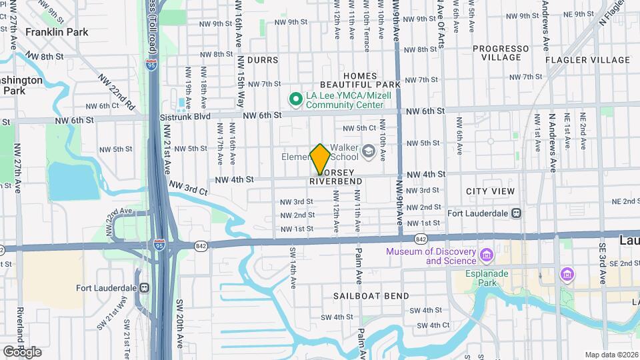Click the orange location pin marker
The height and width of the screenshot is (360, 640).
(x=320, y=159)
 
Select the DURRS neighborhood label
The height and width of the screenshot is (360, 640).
(x=262, y=60)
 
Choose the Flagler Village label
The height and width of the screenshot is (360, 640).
(x=587, y=60)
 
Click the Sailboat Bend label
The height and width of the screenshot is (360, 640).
(x=360, y=294)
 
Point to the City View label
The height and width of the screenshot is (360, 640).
(x=490, y=191)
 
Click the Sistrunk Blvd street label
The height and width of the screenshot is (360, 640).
(x=185, y=116)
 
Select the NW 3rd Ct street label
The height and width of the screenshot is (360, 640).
(x=188, y=187)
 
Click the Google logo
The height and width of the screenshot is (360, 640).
(x=22, y=352)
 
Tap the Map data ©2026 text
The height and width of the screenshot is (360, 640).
(x=611, y=355)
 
